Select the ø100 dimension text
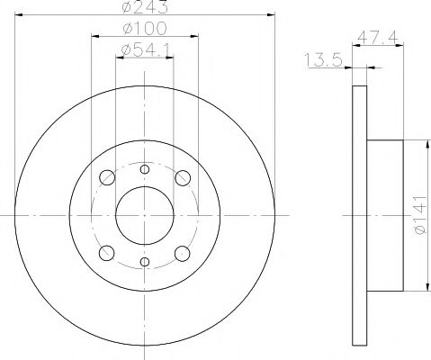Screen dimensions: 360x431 [145, 30]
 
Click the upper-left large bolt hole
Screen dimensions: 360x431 [107, 177]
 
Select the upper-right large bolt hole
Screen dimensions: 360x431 [183, 177]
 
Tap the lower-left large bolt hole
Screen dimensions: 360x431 [107, 253]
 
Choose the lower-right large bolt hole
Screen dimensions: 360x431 [183, 253]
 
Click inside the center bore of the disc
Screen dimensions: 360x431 [145, 215]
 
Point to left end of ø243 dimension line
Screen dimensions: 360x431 [17, 16]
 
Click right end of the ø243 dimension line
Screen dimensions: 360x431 [273, 16]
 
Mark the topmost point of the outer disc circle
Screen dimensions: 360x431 [145, 87]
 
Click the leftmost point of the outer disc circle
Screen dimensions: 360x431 [17, 215]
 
